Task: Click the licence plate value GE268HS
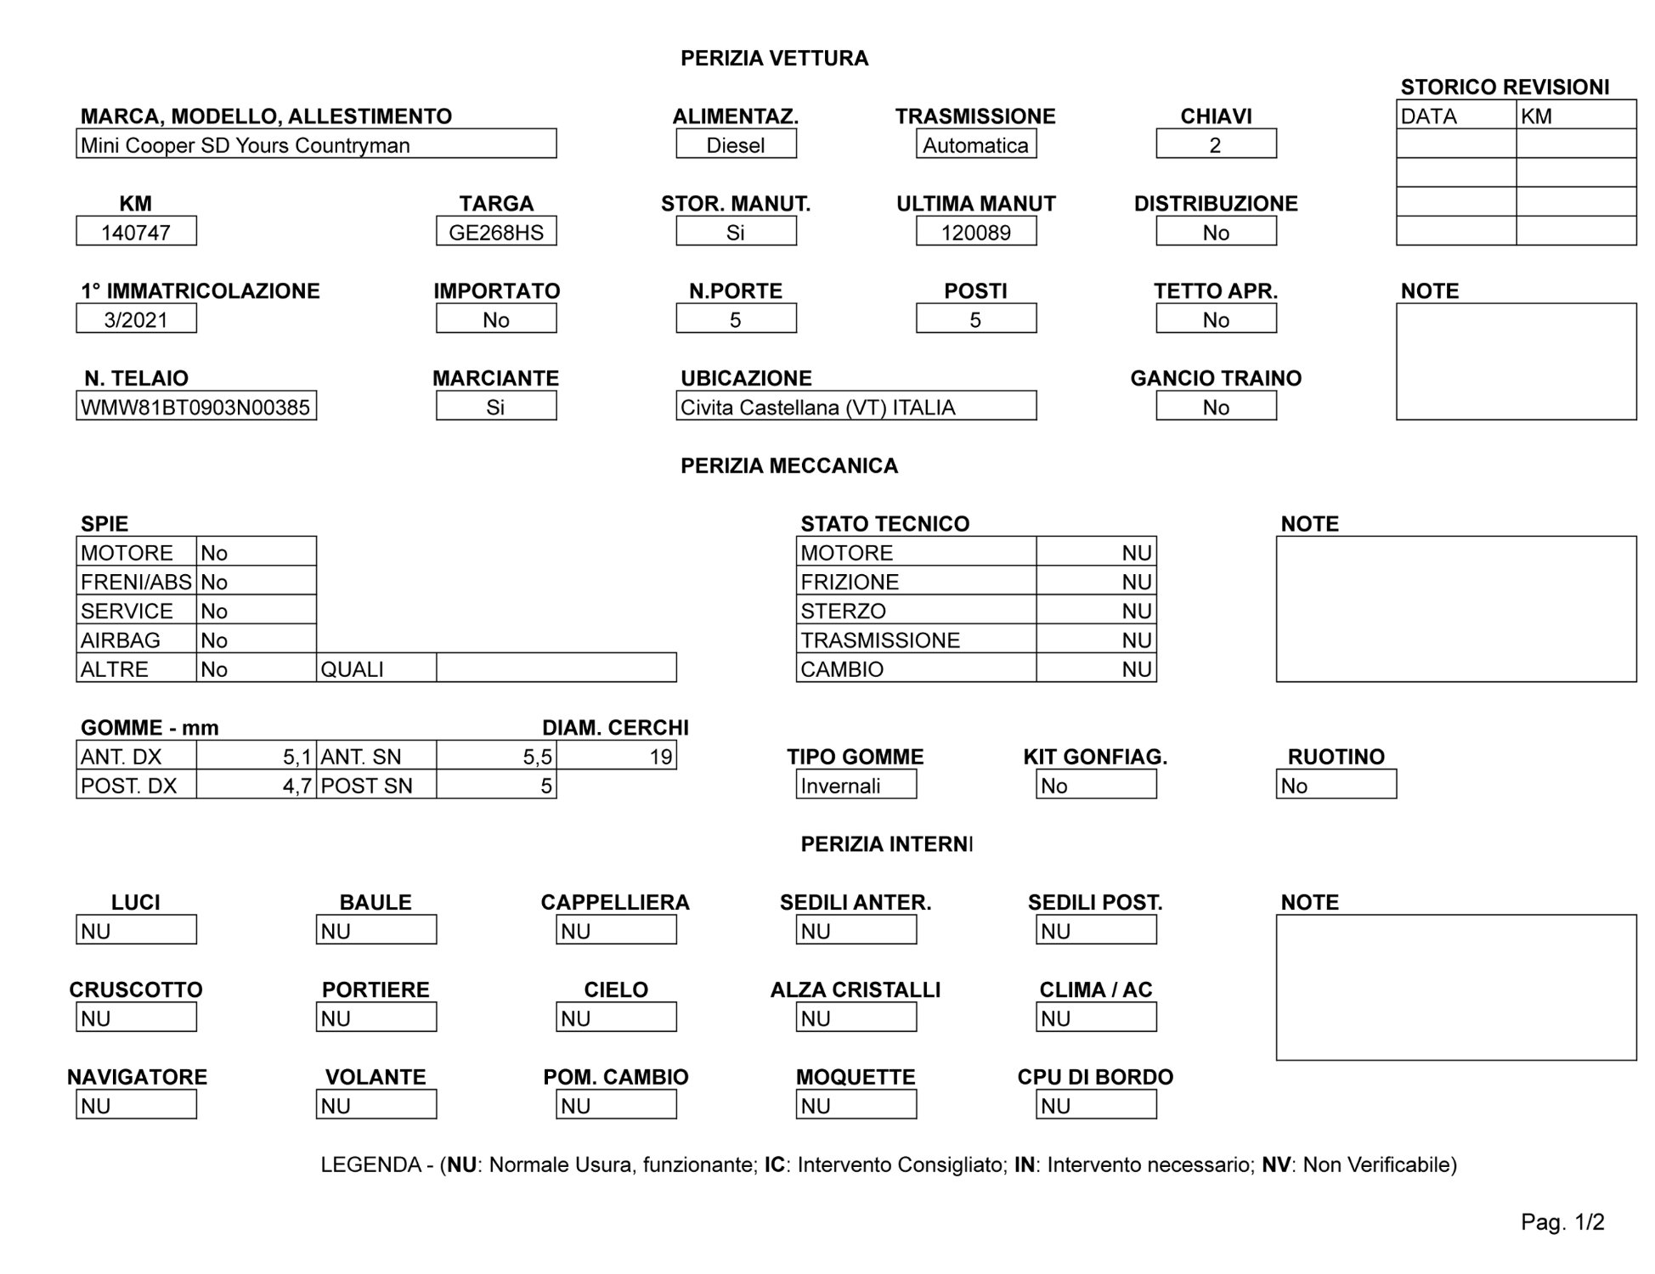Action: (496, 232)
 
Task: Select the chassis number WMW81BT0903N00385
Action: (195, 407)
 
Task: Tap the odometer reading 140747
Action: (136, 232)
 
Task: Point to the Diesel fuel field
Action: (736, 144)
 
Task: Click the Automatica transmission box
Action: (975, 144)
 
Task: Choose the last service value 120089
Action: (975, 232)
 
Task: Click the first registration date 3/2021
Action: (136, 319)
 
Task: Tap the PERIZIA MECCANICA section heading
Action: (788, 465)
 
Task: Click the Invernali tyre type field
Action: (856, 785)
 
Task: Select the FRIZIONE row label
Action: (850, 582)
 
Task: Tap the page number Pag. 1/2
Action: (1562, 1221)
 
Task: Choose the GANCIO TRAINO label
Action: (1215, 378)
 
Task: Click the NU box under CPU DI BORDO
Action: (1096, 1105)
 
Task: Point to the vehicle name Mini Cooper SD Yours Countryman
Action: (246, 144)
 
